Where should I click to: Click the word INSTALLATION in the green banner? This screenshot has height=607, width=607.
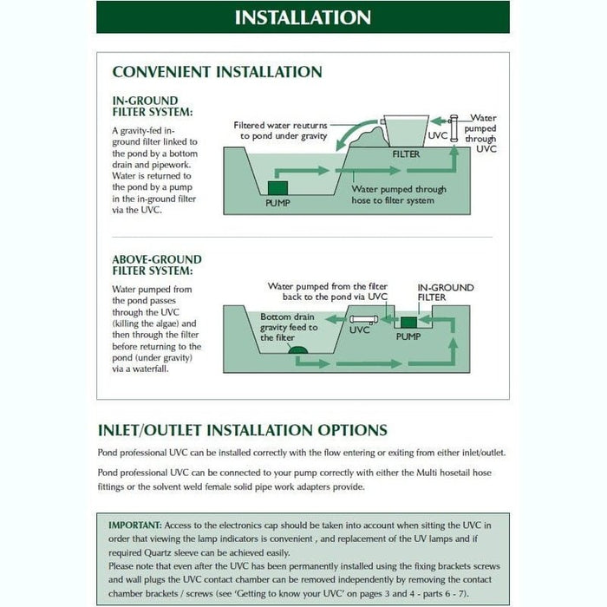pos(303,17)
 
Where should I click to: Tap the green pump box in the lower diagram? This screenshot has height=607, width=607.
pos(407,322)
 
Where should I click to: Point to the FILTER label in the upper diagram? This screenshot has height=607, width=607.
pos(407,153)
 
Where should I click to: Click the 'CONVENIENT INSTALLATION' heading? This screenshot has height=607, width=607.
pos(217,72)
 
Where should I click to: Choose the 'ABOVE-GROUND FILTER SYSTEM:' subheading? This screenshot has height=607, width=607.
pos(157,264)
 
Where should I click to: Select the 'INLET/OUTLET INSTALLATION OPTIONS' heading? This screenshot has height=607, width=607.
pos(242,430)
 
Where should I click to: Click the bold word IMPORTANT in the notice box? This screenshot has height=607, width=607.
pos(134,525)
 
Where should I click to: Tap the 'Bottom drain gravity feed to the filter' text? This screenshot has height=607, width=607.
pos(290,328)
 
